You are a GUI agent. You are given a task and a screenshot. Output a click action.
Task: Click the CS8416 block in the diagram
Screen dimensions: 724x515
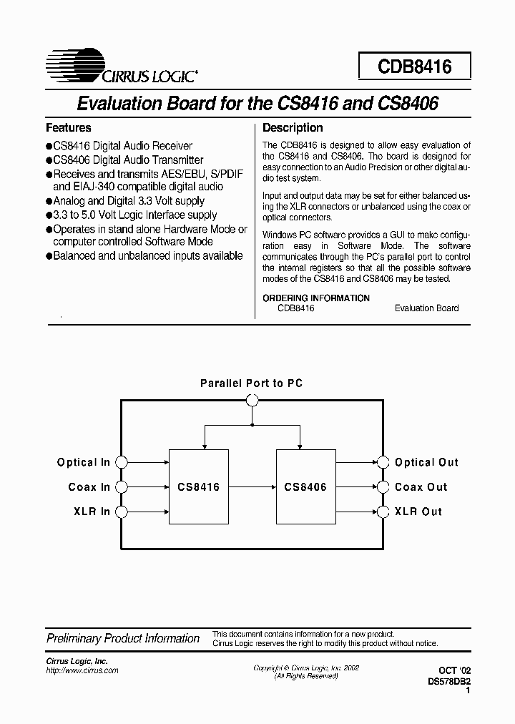pyautogui.click(x=199, y=486)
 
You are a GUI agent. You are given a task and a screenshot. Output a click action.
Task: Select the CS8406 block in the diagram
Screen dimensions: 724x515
pyautogui.click(x=305, y=486)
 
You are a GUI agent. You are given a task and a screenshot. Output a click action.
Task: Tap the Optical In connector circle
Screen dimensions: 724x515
pyautogui.click(x=122, y=462)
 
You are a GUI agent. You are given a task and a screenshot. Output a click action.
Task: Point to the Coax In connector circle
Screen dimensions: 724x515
pyautogui.click(x=122, y=487)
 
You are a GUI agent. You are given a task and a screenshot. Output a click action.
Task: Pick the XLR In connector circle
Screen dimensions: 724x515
pyautogui.click(x=122, y=512)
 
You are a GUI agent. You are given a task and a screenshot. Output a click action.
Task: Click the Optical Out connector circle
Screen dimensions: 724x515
pyautogui.click(x=383, y=462)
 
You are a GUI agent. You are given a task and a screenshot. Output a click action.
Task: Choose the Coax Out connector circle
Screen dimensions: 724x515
pyautogui.click(x=383, y=487)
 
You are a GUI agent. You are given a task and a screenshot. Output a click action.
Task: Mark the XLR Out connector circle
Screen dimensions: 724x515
pyautogui.click(x=383, y=512)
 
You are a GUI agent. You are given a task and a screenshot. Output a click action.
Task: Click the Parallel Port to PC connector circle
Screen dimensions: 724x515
pyautogui.click(x=252, y=401)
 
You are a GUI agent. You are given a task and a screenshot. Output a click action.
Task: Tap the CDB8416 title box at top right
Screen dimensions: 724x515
pyautogui.click(x=415, y=67)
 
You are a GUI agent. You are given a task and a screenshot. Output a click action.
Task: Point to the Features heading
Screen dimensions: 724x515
pyautogui.click(x=69, y=128)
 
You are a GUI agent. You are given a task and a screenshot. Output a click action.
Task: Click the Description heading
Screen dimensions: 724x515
pyautogui.click(x=293, y=128)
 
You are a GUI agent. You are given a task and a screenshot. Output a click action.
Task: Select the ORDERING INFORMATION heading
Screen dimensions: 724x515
pyautogui.click(x=316, y=298)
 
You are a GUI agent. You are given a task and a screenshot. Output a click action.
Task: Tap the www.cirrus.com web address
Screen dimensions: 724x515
pyautogui.click(x=82, y=670)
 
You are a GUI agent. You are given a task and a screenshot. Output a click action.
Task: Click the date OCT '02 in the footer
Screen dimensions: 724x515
pyautogui.click(x=456, y=670)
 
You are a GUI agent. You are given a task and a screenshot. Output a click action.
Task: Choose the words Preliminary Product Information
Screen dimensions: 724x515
pyautogui.click(x=123, y=638)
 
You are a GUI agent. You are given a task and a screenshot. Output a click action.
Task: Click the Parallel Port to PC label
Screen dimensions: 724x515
pyautogui.click(x=252, y=383)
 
